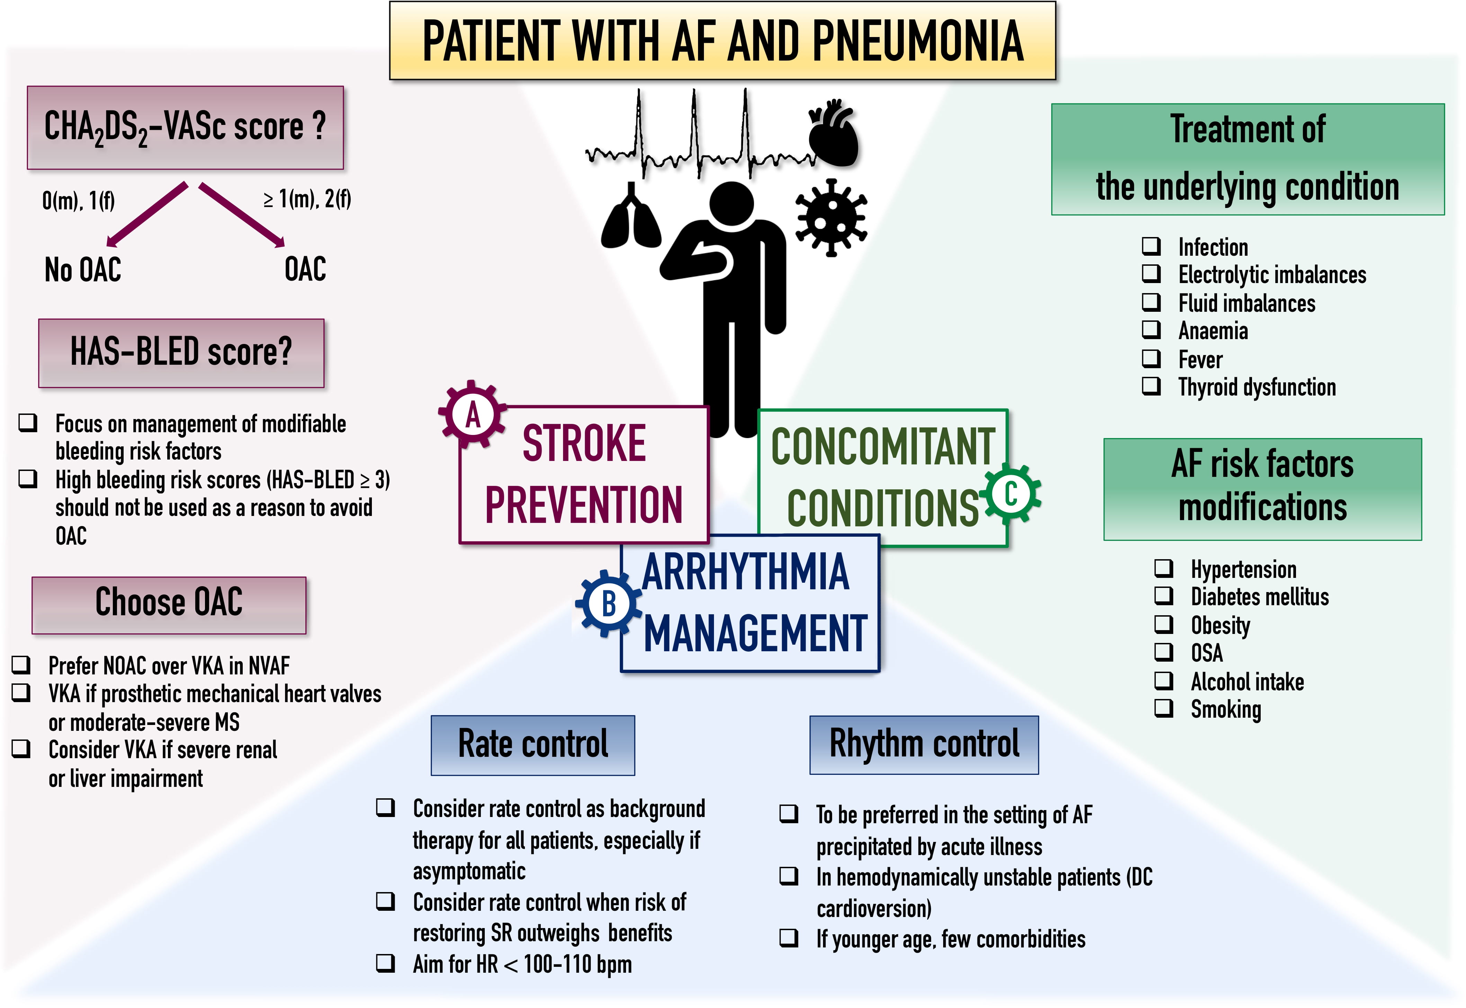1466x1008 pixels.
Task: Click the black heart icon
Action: coord(833,134)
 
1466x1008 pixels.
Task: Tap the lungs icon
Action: coord(630,218)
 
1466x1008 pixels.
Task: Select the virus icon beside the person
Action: coord(830,218)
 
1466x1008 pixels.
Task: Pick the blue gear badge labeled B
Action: coord(608,603)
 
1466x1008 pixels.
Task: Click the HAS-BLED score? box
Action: coord(181,353)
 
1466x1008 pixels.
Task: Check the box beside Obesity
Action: coord(1163,624)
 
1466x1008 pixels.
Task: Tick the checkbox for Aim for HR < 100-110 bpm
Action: coord(385,963)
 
